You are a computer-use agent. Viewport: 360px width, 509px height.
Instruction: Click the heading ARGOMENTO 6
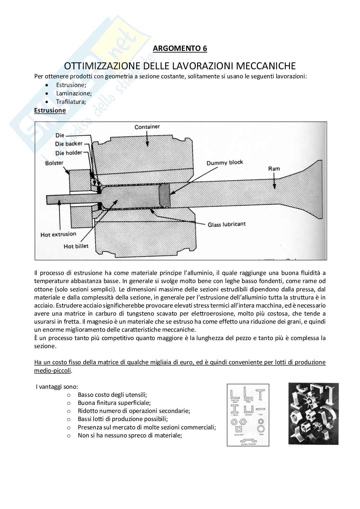coord(180,48)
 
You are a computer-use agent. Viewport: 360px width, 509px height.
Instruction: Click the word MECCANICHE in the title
coord(266,66)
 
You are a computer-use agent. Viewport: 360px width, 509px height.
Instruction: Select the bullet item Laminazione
coord(74,93)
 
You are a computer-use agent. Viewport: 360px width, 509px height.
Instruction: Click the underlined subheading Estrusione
coord(50,110)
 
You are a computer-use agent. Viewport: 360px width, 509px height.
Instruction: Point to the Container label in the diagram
coord(147,127)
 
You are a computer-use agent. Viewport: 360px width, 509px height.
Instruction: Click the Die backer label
coord(69,144)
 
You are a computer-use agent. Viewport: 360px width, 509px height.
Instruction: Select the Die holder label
coord(69,153)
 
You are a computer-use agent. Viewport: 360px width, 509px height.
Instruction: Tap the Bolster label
coord(54,163)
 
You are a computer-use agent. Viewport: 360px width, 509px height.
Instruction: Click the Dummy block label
coord(225,162)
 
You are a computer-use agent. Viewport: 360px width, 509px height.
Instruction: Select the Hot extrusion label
coord(58,234)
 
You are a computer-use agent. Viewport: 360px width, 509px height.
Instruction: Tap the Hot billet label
coord(76,246)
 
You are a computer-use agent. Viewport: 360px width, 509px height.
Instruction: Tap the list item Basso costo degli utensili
coord(112,395)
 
